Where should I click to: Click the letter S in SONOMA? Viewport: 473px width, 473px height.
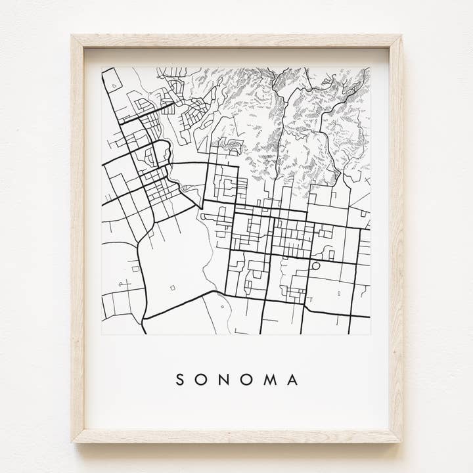pyautogui.click(x=180, y=380)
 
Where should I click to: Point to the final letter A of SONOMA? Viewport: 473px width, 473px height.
pyautogui.click(x=293, y=380)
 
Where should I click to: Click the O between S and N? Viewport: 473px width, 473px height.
pyautogui.click(x=202, y=380)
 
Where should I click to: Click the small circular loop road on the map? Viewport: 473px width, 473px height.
pyautogui.click(x=316, y=266)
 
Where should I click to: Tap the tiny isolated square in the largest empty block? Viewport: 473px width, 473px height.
pyautogui.click(x=172, y=287)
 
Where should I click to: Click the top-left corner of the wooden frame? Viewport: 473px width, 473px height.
pyautogui.click(x=72, y=36)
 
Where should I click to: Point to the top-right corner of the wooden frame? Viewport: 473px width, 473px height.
pyautogui.click(x=401, y=36)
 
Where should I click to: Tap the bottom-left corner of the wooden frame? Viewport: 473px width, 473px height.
pyautogui.click(x=74, y=441)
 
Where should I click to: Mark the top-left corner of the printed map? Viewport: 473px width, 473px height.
pyautogui.click(x=102, y=68)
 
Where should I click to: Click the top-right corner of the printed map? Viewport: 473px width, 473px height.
pyautogui.click(x=370, y=68)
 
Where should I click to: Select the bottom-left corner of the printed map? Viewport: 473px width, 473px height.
pyautogui.click(x=102, y=334)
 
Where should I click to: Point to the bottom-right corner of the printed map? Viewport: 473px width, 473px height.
pyautogui.click(x=370, y=334)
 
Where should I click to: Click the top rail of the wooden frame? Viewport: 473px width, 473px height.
pyautogui.click(x=236, y=41)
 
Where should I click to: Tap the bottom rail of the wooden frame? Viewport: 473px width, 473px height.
pyautogui.click(x=236, y=436)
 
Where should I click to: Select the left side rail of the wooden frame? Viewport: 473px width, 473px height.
pyautogui.click(x=78, y=236)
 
